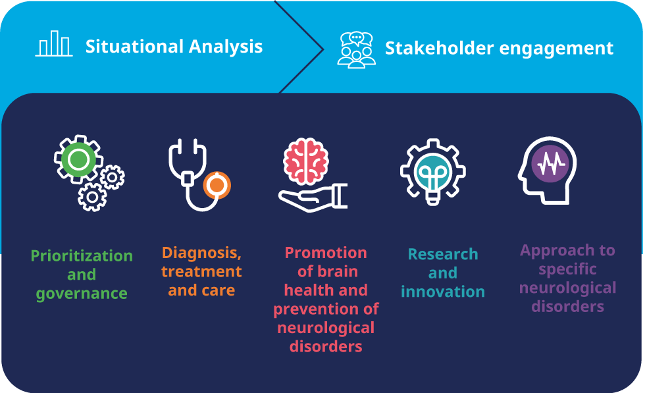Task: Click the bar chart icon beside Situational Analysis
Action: point(54,43)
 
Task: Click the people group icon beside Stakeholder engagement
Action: point(356,50)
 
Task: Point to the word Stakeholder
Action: point(440,48)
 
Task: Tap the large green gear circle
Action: point(78,160)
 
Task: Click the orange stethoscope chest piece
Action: point(217,185)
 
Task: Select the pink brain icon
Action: point(305,161)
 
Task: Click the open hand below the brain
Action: point(313,198)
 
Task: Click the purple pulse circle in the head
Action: point(550,164)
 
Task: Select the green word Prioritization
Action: point(82,255)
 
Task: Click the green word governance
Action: point(82,294)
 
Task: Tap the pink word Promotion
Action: point(326,253)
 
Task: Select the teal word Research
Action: point(443,254)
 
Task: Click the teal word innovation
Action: point(443,292)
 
